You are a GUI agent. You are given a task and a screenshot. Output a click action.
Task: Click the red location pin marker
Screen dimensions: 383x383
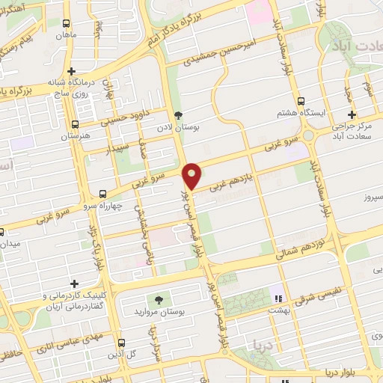pyautogui.click(x=193, y=176)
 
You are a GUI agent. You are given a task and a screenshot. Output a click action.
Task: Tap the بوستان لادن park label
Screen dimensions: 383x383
pyautogui.click(x=177, y=129)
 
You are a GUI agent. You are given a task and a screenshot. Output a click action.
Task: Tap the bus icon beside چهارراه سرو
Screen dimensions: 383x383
pyautogui.click(x=102, y=194)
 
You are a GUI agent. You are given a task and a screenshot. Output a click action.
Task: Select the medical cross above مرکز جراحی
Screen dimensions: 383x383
pyautogui.click(x=351, y=114)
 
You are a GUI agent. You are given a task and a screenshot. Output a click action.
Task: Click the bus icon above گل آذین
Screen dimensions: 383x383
pyautogui.click(x=121, y=343)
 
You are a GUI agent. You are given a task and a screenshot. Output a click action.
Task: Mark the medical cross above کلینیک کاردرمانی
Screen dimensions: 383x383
pyautogui.click(x=73, y=284)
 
